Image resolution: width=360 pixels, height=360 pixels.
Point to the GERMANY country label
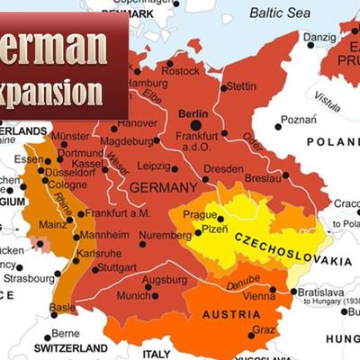163,187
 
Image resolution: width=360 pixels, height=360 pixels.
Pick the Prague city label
199,215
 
